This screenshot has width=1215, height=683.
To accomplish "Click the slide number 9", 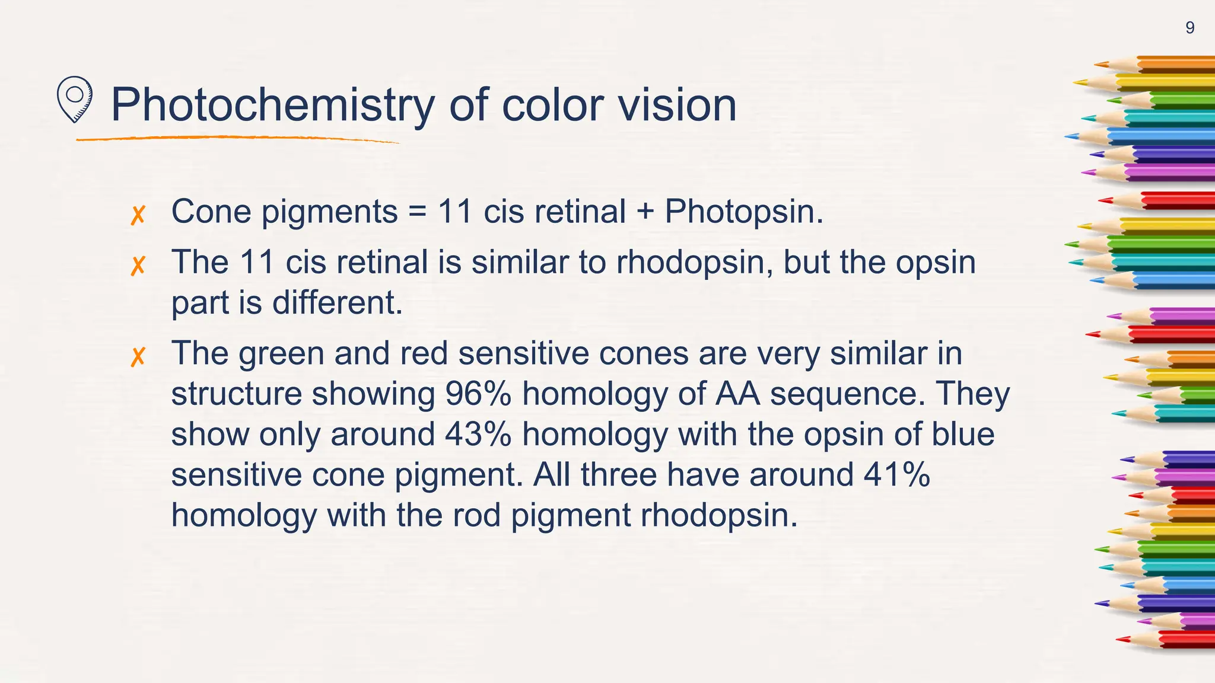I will click(x=1189, y=28).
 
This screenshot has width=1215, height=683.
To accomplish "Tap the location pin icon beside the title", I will click(x=74, y=98).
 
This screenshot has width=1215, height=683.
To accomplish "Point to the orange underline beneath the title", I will click(x=237, y=139).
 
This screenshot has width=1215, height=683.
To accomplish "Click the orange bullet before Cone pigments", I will click(x=138, y=215).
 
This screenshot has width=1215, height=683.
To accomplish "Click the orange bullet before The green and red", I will click(x=138, y=356).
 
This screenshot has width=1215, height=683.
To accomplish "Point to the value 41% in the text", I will click(x=896, y=474).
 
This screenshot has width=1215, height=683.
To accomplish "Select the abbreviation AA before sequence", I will click(x=737, y=394).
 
